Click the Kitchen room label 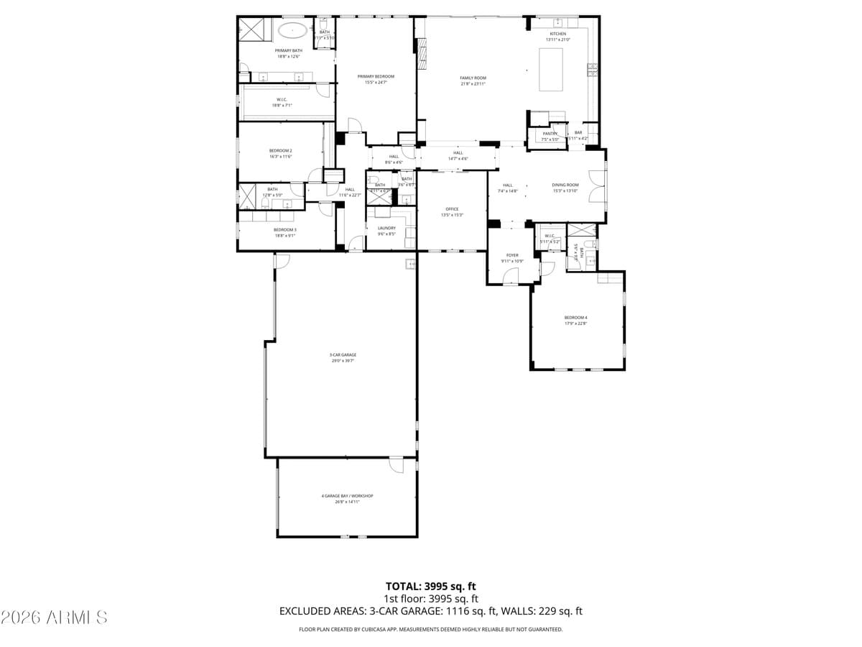[x=558, y=34]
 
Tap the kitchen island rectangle [x=551, y=69]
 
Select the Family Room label [x=473, y=78]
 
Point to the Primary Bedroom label [x=376, y=76]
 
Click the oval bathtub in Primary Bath [x=292, y=30]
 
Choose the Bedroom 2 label [x=280, y=150]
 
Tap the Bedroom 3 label [x=284, y=229]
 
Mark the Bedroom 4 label [x=575, y=317]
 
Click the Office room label [x=452, y=209]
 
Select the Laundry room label [x=386, y=228]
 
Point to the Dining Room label [x=565, y=185]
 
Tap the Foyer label [x=512, y=255]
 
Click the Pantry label [x=550, y=134]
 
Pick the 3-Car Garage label [x=343, y=354]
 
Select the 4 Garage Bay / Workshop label [x=347, y=495]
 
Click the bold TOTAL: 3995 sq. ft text [x=431, y=586]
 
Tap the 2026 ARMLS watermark [x=55, y=617]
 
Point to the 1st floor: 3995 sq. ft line [x=431, y=598]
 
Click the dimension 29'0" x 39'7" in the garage [x=343, y=360]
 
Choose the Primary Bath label [x=288, y=50]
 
